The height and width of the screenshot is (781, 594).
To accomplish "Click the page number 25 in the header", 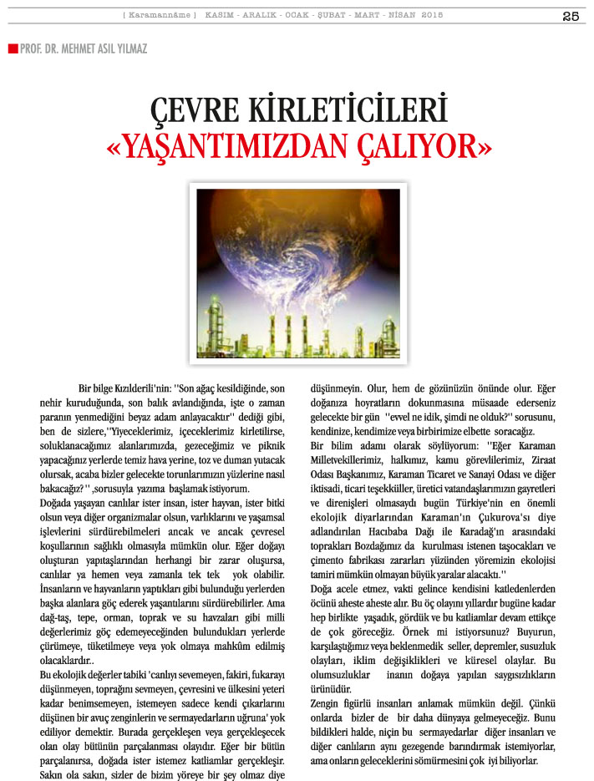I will [571, 17].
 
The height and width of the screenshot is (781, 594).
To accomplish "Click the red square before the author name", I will [13, 48].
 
